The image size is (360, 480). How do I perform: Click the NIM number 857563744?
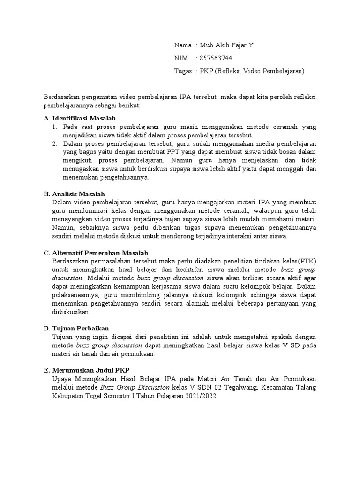click(216, 58)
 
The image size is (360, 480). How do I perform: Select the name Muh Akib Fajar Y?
click(227, 45)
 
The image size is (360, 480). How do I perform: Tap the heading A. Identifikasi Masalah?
click(79, 118)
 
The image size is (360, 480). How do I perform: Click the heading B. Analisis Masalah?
click(74, 194)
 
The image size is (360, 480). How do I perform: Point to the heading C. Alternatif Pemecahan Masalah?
click(95, 253)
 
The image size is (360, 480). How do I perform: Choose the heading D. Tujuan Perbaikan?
click(76, 328)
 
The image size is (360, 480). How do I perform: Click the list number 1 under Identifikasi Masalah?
click(54, 127)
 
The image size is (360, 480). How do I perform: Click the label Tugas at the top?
click(183, 71)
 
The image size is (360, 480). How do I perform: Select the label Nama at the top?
click(183, 45)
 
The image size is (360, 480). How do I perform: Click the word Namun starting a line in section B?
click(64, 228)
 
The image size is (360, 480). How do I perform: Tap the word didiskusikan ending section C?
click(71, 312)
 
